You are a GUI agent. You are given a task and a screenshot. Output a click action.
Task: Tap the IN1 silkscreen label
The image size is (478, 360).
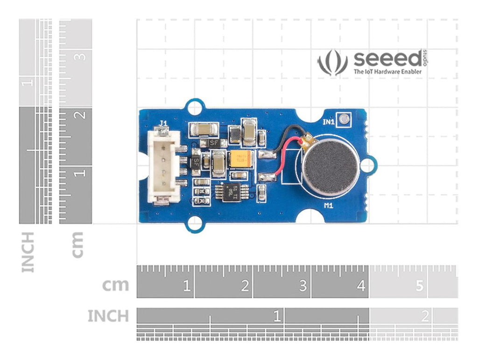tap(329, 122)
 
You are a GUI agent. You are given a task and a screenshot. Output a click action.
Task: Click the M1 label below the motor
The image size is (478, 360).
tap(329, 205)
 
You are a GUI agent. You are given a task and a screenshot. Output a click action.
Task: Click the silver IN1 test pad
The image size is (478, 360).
tap(344, 119)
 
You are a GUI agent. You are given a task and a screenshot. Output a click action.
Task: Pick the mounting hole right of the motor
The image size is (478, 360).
tap(369, 165)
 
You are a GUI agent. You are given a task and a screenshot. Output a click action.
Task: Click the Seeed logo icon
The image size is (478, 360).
tap(333, 63)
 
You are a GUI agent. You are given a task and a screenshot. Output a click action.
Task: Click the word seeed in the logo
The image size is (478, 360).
tap(387, 60)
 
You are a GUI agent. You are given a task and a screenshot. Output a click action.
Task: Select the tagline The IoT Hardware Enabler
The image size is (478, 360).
tap(387, 72)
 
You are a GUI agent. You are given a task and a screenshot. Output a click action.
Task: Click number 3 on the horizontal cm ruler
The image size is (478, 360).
tap(303, 285)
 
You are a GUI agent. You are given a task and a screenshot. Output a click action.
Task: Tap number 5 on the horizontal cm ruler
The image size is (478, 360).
tap(419, 285)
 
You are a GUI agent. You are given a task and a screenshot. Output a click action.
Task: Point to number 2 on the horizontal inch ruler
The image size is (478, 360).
tap(424, 317)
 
